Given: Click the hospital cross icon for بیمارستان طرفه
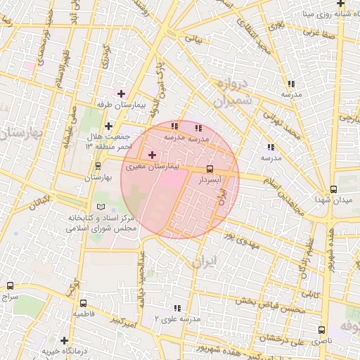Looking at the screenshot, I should click(x=121, y=93).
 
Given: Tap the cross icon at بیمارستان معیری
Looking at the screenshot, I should click(x=152, y=154).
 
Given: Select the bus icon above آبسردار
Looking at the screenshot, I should click(x=210, y=169).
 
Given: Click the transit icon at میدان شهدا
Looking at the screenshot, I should click(x=333, y=189).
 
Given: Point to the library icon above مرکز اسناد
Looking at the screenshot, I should click(x=100, y=207).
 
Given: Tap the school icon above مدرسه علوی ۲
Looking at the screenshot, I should click(x=176, y=308).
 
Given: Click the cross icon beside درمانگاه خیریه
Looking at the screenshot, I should click(x=64, y=340).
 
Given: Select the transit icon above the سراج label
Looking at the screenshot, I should click(x=10, y=285).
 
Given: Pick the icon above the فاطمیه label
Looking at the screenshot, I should click(x=84, y=303).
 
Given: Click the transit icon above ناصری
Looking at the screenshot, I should click(x=321, y=330).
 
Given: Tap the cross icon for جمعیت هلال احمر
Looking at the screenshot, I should click(x=108, y=125).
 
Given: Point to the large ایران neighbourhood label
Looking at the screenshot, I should click(x=205, y=262).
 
